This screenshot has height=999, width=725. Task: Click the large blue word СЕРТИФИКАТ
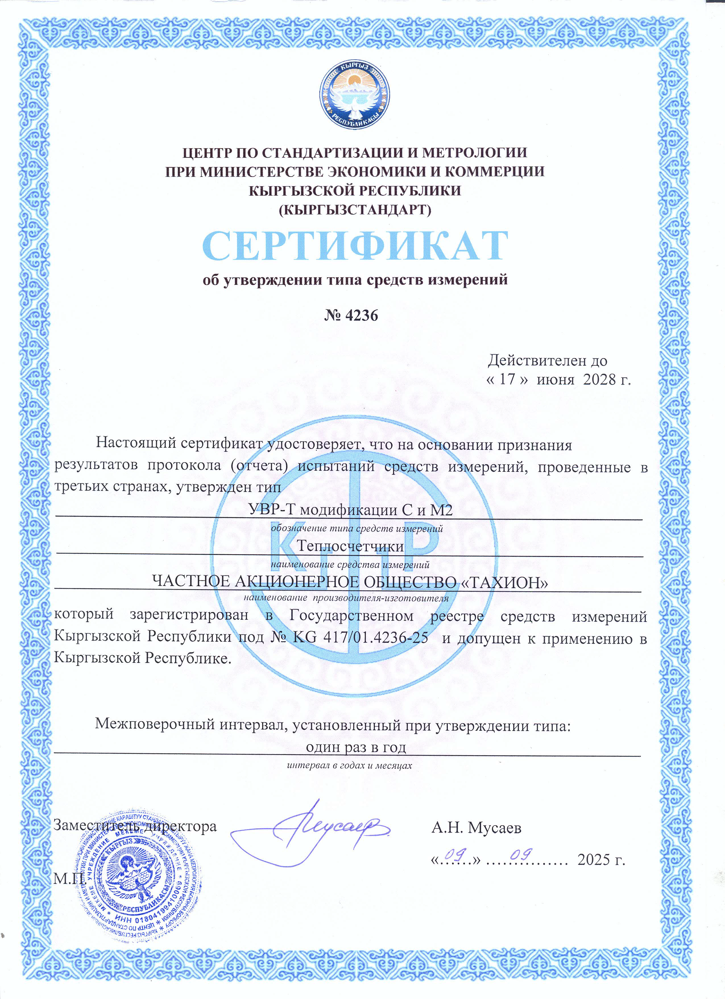355,246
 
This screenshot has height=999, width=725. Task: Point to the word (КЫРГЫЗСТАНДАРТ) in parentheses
355,209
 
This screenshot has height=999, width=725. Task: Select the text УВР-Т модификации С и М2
350,510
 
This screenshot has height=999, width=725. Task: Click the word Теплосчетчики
350,546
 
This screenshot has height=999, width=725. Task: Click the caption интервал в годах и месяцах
349,765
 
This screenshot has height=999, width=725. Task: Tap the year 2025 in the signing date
594,859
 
